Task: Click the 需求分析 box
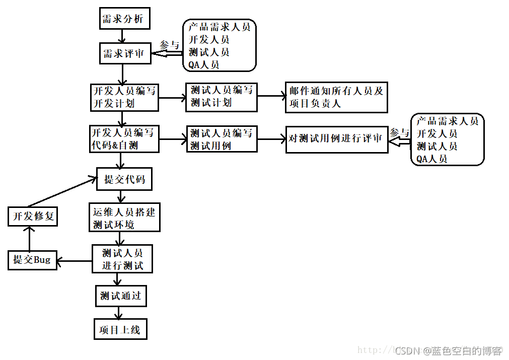coord(124,19)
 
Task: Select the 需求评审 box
coord(124,53)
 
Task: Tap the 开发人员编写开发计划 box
coord(124,97)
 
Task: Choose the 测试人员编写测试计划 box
coord(222,97)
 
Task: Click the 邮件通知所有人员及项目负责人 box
coord(336,97)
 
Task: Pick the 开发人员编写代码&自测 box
coord(124,139)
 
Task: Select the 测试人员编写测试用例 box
coord(222,139)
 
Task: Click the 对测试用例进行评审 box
coord(337,139)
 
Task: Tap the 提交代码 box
coord(124,179)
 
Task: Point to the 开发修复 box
coord(33,217)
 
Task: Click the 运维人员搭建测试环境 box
coord(124,218)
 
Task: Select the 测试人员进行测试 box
coord(122,259)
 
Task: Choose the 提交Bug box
coord(32,260)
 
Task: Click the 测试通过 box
coord(121,296)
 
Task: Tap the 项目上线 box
coord(120,330)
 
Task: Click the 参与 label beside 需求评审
coord(169,45)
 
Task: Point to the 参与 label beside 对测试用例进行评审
coord(400,132)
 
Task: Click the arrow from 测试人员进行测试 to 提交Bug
coord(75,261)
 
